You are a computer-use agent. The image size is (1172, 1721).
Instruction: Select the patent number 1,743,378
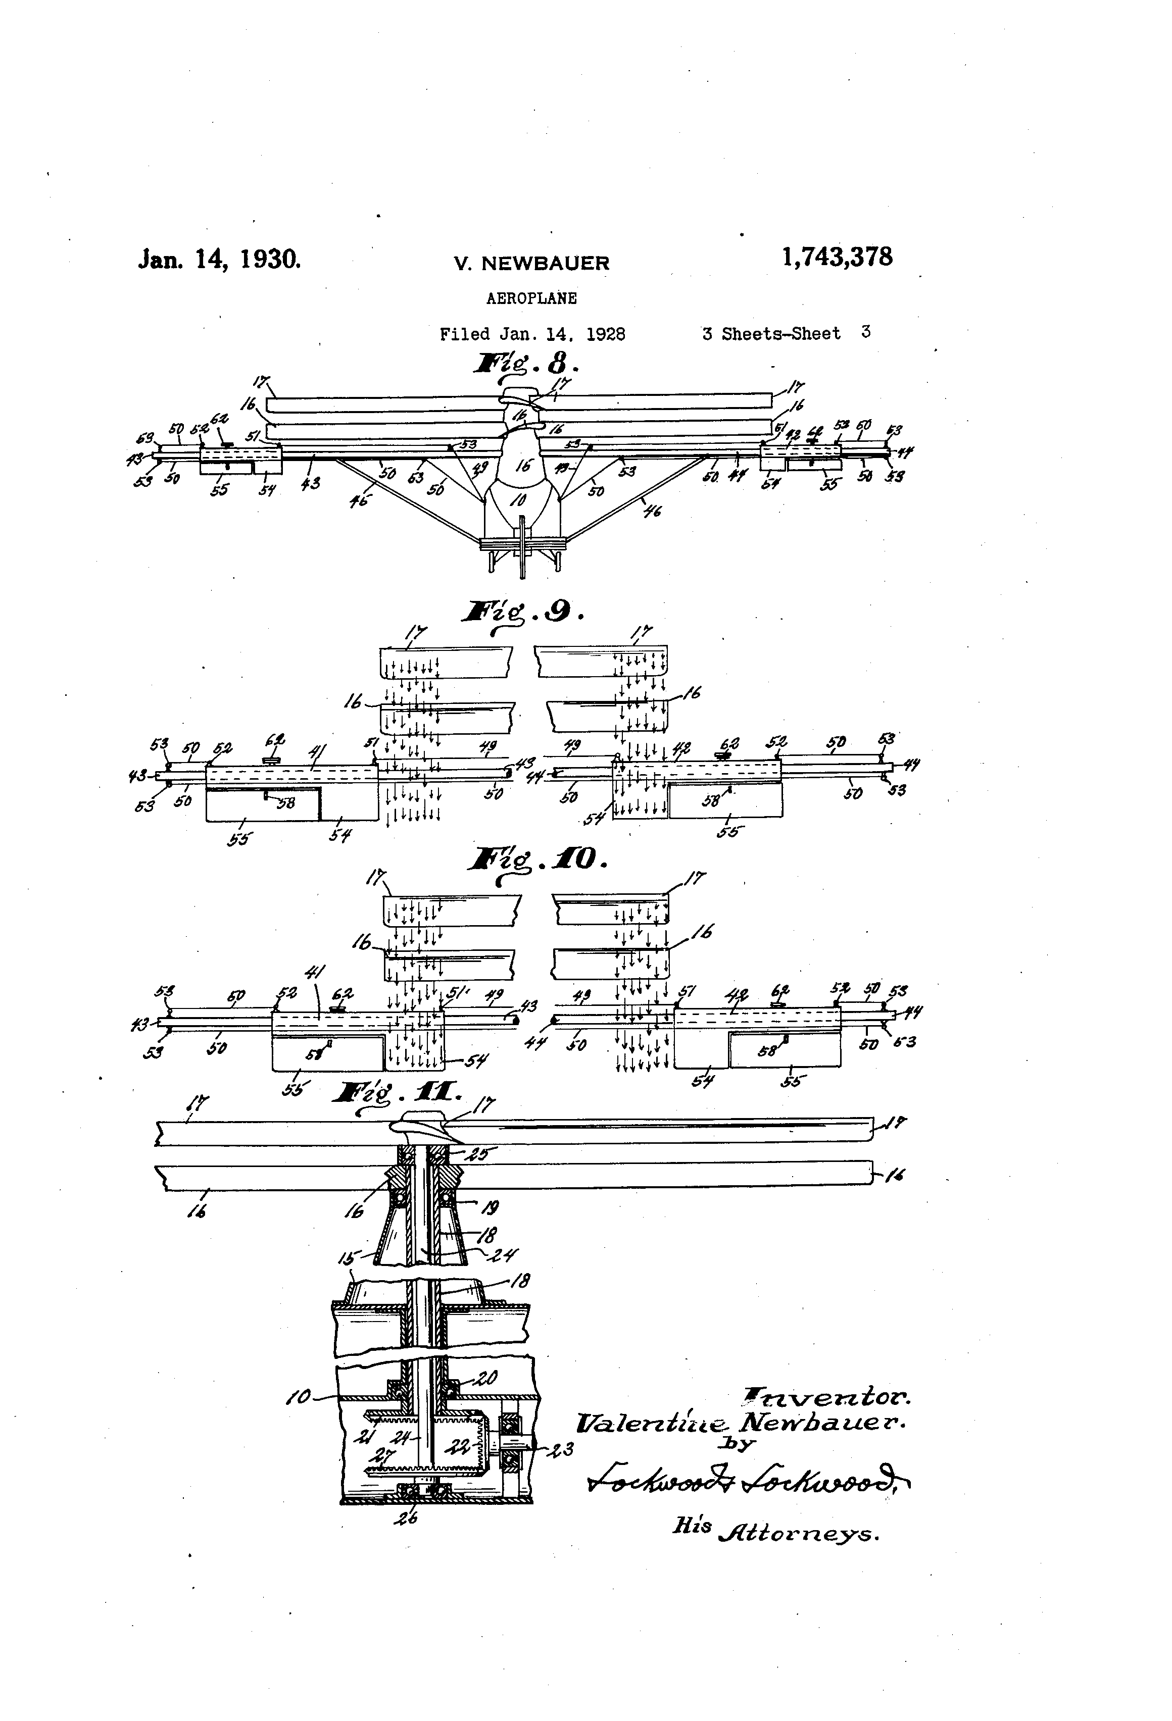point(837,257)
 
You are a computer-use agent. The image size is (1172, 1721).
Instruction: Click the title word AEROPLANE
point(531,298)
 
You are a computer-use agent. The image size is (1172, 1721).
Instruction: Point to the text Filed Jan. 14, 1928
point(532,334)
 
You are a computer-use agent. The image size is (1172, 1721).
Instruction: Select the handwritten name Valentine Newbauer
point(741,1423)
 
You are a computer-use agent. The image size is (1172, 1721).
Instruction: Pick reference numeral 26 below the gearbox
point(408,1517)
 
